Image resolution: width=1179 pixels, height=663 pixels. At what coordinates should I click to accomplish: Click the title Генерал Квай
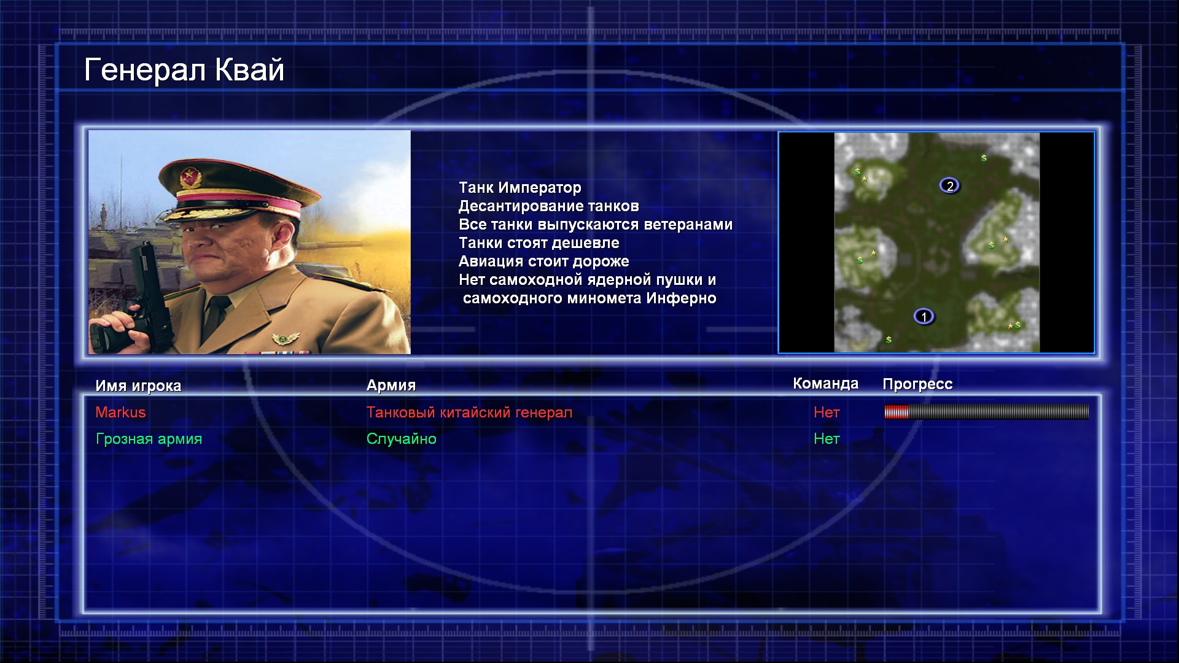[x=184, y=69]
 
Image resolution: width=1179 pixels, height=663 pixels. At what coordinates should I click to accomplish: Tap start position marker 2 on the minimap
[x=949, y=185]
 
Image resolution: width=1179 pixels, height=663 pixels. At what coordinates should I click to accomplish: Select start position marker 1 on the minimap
[x=924, y=317]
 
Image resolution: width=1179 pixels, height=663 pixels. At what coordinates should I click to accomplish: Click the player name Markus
[x=120, y=413]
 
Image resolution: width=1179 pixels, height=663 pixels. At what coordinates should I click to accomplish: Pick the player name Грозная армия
[x=149, y=439]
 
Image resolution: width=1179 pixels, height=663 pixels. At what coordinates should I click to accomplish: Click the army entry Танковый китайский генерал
[x=469, y=413]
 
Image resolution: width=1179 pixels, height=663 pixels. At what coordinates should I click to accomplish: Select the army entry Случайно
[x=401, y=439]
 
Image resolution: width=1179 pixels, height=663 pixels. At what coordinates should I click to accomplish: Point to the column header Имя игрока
[x=138, y=386]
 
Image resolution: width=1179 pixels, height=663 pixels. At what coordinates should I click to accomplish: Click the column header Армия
[x=391, y=386]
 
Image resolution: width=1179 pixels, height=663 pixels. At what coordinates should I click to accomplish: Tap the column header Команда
[x=825, y=384]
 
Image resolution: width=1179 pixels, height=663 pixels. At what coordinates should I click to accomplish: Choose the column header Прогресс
[x=917, y=384]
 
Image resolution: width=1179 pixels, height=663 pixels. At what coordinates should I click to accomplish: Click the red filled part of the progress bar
[x=897, y=412]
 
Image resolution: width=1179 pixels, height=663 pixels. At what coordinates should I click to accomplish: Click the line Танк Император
[x=519, y=188]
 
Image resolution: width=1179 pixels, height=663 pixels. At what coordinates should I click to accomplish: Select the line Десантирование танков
[x=548, y=206]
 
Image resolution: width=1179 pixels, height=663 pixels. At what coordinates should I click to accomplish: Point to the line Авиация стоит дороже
[x=543, y=262]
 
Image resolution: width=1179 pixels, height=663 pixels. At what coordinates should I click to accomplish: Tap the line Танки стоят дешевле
[x=539, y=243]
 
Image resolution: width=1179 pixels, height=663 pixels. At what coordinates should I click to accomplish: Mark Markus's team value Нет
[x=827, y=413]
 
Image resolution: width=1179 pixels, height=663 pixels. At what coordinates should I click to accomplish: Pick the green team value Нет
[x=827, y=439]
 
